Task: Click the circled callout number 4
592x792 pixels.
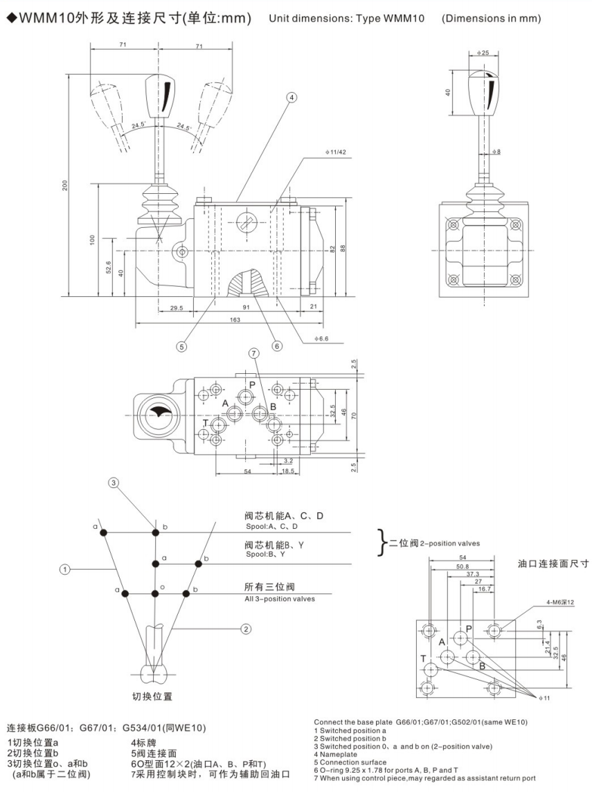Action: coord(291,98)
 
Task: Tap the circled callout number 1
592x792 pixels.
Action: coord(64,570)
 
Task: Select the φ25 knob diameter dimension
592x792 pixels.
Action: coord(483,53)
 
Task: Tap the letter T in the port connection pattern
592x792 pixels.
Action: coord(423,658)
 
